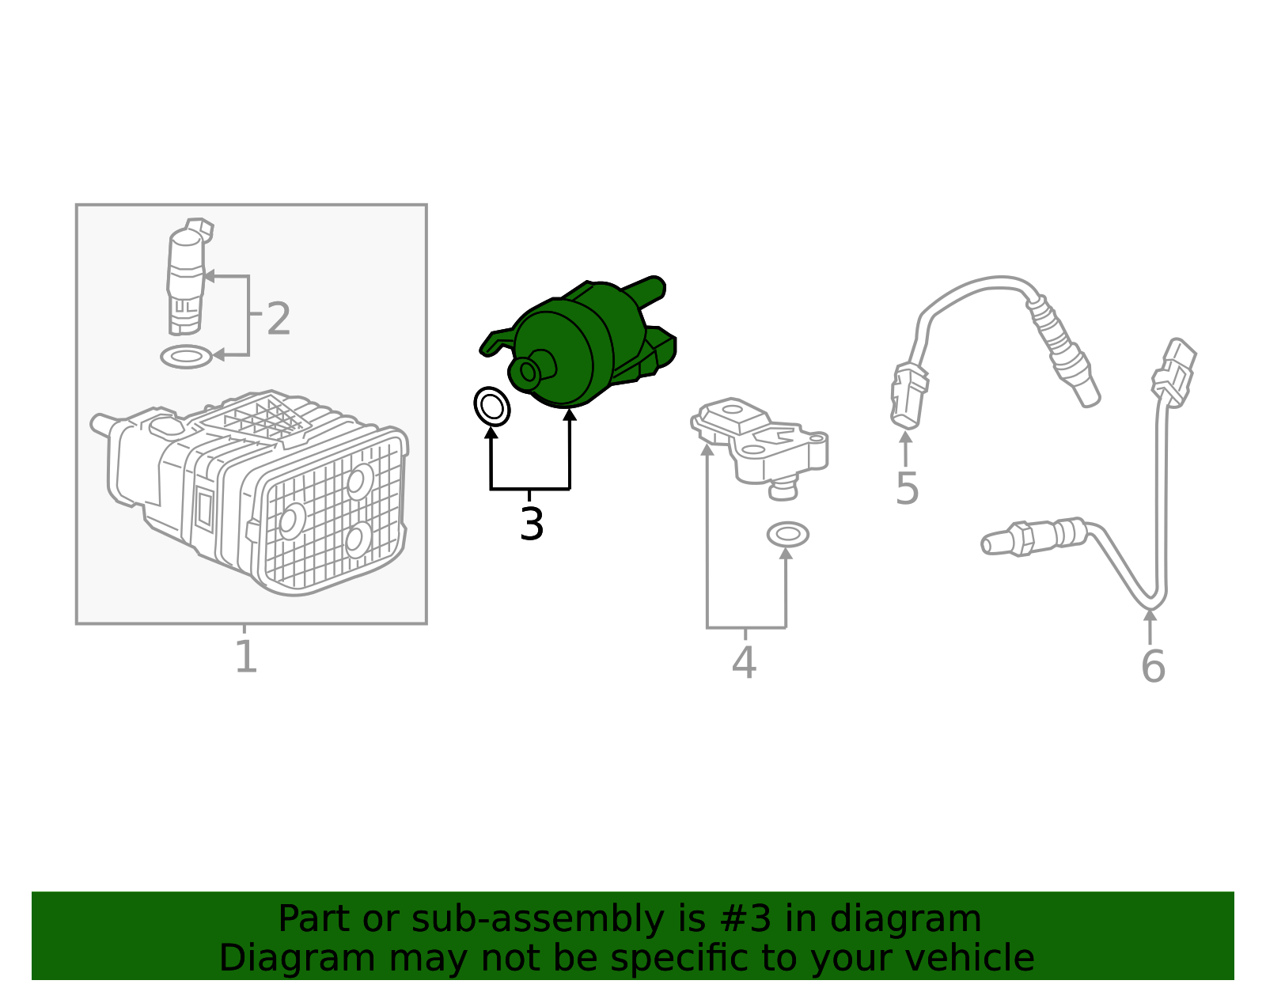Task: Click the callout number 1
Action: pos(246,656)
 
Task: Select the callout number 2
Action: pos(279,319)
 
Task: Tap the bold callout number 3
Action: pos(532,524)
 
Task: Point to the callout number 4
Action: pos(744,662)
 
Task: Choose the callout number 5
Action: pos(907,488)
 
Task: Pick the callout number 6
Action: pos(1153,666)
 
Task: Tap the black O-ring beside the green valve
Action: pos(491,407)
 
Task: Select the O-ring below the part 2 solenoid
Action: pos(187,357)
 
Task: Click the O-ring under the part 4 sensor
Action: pos(787,535)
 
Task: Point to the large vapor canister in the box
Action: pos(249,493)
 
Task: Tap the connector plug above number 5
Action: pos(908,396)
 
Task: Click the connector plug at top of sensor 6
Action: pos(1173,373)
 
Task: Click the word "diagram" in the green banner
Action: pos(905,919)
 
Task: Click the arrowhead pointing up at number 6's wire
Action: pos(1150,615)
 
